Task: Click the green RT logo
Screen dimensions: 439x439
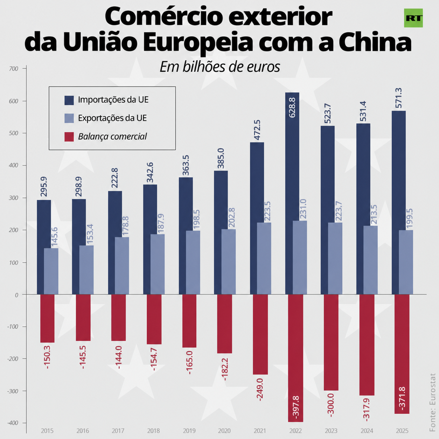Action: (x=413, y=18)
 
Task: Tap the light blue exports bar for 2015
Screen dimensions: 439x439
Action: (x=51, y=271)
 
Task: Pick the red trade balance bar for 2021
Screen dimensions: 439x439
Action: (x=260, y=334)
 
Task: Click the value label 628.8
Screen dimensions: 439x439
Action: (x=292, y=107)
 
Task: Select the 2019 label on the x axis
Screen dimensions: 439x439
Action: (x=189, y=431)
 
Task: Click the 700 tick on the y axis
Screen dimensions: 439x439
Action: (x=14, y=69)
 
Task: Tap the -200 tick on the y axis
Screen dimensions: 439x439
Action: (x=13, y=358)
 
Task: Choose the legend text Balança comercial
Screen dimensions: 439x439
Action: (x=112, y=137)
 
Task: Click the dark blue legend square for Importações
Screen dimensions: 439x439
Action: (x=69, y=100)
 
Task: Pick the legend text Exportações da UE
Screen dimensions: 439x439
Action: (x=112, y=118)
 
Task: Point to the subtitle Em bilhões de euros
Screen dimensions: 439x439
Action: (x=220, y=67)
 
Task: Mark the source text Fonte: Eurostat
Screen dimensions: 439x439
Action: (x=432, y=405)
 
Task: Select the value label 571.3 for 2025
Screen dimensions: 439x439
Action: (x=398, y=98)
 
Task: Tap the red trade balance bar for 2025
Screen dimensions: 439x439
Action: (x=402, y=354)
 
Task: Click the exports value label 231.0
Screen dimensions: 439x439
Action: (x=303, y=209)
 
